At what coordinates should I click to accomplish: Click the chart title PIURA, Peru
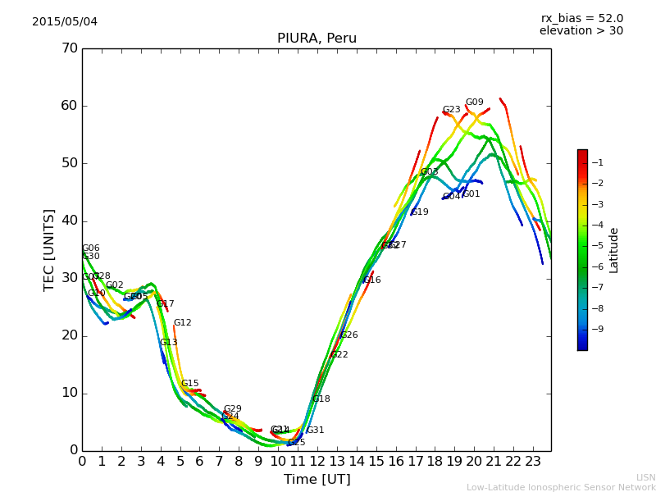pyautogui.click(x=317, y=39)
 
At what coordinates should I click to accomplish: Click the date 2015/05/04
pyautogui.click(x=65, y=21)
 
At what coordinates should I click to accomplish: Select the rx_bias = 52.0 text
pyautogui.click(x=581, y=18)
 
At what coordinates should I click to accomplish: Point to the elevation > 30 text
pyautogui.click(x=581, y=31)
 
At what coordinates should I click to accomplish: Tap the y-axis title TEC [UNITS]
pyautogui.click(x=49, y=249)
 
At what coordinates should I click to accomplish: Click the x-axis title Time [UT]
pyautogui.click(x=317, y=480)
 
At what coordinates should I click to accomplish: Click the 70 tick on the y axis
pyautogui.click(x=69, y=48)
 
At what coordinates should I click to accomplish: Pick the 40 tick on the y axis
pyautogui.click(x=69, y=221)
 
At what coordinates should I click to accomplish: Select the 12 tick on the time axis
pyautogui.click(x=317, y=462)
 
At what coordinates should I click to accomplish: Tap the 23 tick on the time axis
pyautogui.click(x=533, y=462)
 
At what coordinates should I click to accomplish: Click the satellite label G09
pyautogui.click(x=475, y=102)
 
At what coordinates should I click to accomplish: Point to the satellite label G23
pyautogui.click(x=452, y=110)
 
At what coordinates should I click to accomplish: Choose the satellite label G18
pyautogui.click(x=321, y=399)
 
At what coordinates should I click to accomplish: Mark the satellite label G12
pyautogui.click(x=183, y=323)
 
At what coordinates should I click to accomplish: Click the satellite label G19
pyautogui.click(x=420, y=212)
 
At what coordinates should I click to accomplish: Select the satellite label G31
pyautogui.click(x=316, y=430)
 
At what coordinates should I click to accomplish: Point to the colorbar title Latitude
pyautogui.click(x=614, y=249)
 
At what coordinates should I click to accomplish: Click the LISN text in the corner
pyautogui.click(x=646, y=477)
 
